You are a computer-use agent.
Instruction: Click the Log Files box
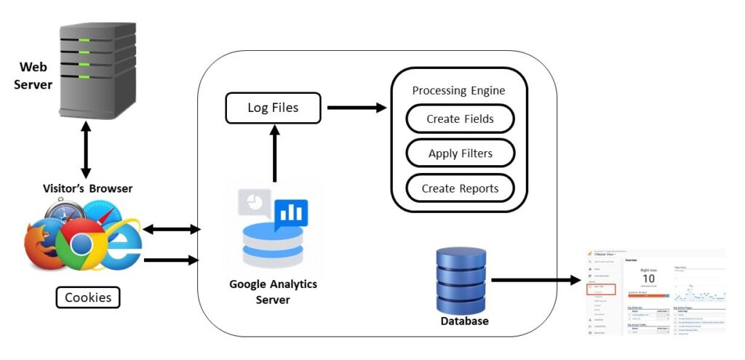click(x=273, y=108)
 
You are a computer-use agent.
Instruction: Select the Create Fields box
click(x=460, y=119)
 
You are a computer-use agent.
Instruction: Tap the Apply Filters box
click(x=460, y=153)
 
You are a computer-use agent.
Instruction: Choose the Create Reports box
click(x=460, y=188)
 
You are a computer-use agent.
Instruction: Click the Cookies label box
click(x=88, y=297)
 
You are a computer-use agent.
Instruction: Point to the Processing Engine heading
click(x=458, y=90)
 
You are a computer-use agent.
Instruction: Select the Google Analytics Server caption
click(x=274, y=291)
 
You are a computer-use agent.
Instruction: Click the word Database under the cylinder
click(x=463, y=320)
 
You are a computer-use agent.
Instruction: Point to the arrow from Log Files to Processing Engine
click(x=356, y=108)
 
